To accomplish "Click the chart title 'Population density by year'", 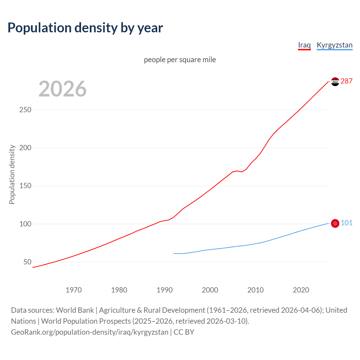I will click(x=85, y=28).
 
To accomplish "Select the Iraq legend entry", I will click(x=304, y=45).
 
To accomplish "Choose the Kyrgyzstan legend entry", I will click(x=334, y=45).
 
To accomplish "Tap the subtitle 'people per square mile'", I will click(x=180, y=60).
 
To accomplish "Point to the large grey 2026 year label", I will click(x=62, y=89).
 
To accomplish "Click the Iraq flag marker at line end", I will click(x=335, y=82).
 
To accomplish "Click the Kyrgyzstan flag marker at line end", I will click(x=335, y=223).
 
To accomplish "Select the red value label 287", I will click(x=346, y=81).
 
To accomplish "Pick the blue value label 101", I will click(x=346, y=223).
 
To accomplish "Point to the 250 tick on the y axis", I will click(x=25, y=110).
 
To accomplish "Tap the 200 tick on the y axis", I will click(x=25, y=148).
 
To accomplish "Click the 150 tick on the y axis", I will click(x=25, y=186).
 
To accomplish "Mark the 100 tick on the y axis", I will click(x=25, y=224).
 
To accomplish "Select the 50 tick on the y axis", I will click(x=27, y=262).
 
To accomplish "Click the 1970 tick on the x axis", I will click(x=74, y=290).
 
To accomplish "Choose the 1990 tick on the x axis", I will click(x=165, y=290).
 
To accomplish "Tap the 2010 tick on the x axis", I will click(x=255, y=290).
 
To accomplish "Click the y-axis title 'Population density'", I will click(x=12, y=174).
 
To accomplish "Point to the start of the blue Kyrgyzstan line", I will click(x=174, y=253).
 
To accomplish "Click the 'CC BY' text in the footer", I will click(x=184, y=332).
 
